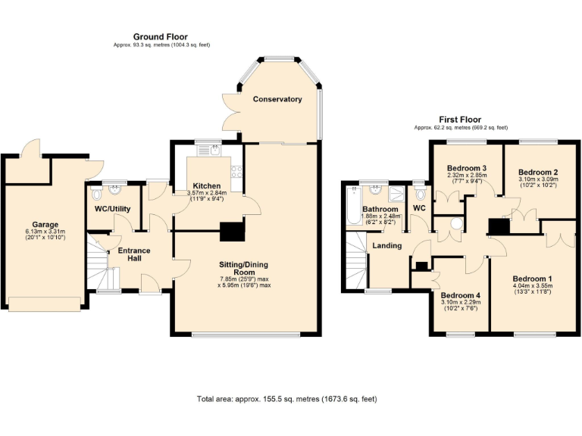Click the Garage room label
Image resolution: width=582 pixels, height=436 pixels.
[x=45, y=224]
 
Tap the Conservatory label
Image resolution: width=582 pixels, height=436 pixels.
[x=277, y=99]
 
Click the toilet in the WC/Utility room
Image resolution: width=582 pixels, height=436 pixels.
[x=95, y=191]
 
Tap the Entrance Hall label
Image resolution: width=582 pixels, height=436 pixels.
[x=128, y=255]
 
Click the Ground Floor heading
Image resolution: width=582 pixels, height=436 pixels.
[x=160, y=36]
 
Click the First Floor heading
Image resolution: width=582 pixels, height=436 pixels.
[x=460, y=120]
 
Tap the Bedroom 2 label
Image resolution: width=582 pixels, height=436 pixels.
[x=538, y=173]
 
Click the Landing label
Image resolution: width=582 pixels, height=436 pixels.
[x=387, y=245]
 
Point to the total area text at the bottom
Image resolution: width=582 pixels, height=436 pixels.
[x=286, y=398]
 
